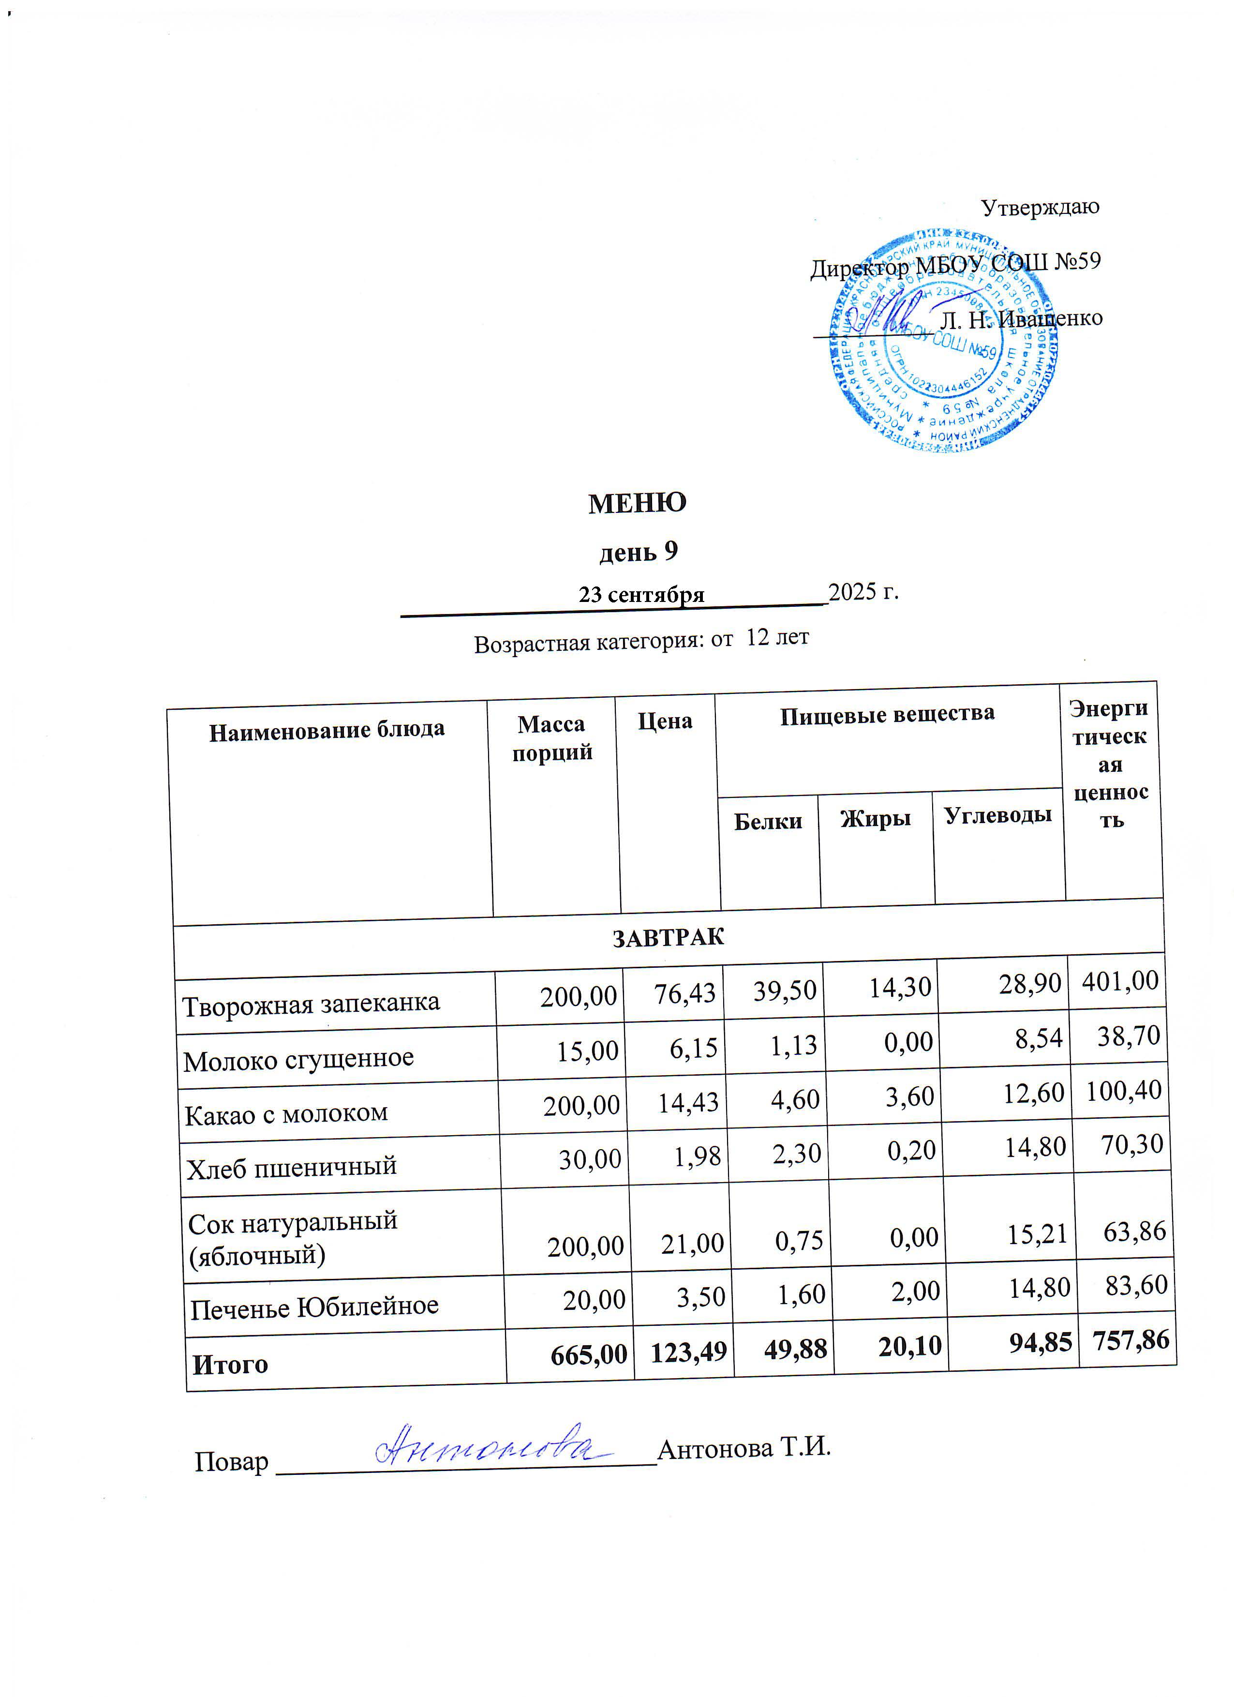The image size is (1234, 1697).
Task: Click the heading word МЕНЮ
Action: pos(637,503)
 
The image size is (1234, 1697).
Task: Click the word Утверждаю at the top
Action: pos(1040,207)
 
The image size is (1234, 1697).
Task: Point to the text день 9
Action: pos(639,552)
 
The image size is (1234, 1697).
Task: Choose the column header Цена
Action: pos(664,721)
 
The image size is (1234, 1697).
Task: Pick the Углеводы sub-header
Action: pos(997,815)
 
